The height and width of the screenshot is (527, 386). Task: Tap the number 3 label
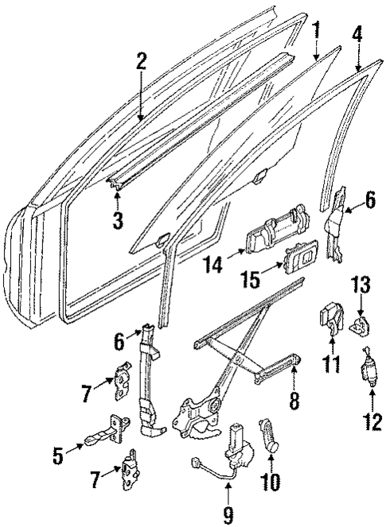pos(117,221)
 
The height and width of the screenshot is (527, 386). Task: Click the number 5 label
pos(57,456)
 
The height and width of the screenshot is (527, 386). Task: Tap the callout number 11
pos(331,365)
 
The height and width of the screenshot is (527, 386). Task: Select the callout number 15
pos(248,280)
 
